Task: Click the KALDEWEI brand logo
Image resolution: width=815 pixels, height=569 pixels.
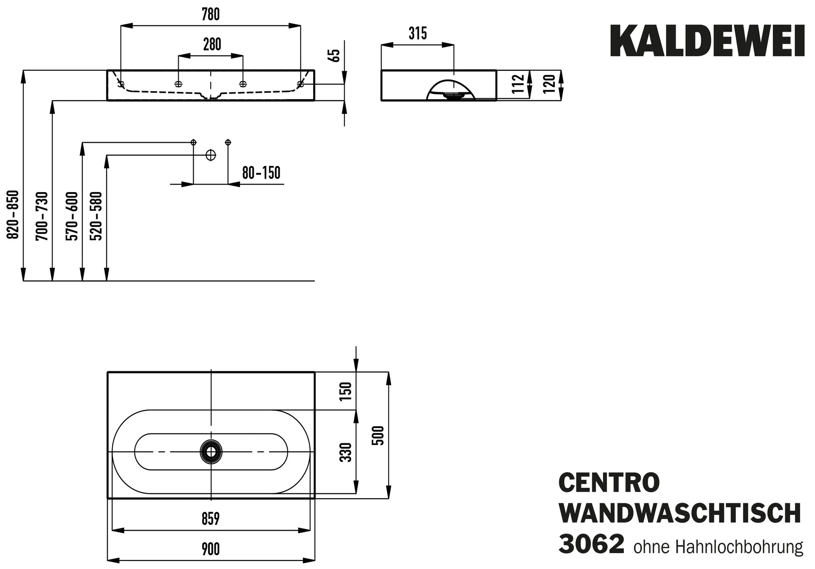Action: tap(707, 42)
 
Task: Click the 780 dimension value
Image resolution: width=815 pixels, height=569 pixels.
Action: tap(211, 15)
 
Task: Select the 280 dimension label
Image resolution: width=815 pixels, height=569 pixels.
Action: tap(212, 45)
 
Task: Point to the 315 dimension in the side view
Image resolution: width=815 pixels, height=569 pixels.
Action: tap(417, 34)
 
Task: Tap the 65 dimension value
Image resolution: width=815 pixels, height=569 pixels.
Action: tap(336, 55)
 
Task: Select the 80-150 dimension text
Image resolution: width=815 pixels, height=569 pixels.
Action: tap(261, 173)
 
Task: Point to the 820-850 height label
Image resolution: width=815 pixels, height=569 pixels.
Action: tap(14, 214)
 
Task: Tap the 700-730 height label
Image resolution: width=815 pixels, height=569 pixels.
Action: tap(42, 216)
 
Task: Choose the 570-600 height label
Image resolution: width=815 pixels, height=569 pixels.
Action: tap(72, 216)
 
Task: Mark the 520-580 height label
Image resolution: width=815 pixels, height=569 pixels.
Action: tap(96, 216)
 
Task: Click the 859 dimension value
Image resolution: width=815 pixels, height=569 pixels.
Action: tap(211, 519)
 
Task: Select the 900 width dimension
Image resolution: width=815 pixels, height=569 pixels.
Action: tap(211, 550)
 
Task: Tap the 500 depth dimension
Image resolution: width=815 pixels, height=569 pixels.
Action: tap(379, 435)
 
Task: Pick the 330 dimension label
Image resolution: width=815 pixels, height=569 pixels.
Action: tap(346, 452)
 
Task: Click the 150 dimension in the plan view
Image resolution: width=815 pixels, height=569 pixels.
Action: tap(346, 391)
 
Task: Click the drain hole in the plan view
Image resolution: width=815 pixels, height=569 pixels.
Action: tap(211, 452)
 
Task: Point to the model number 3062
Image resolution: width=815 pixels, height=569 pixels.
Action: tap(591, 545)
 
